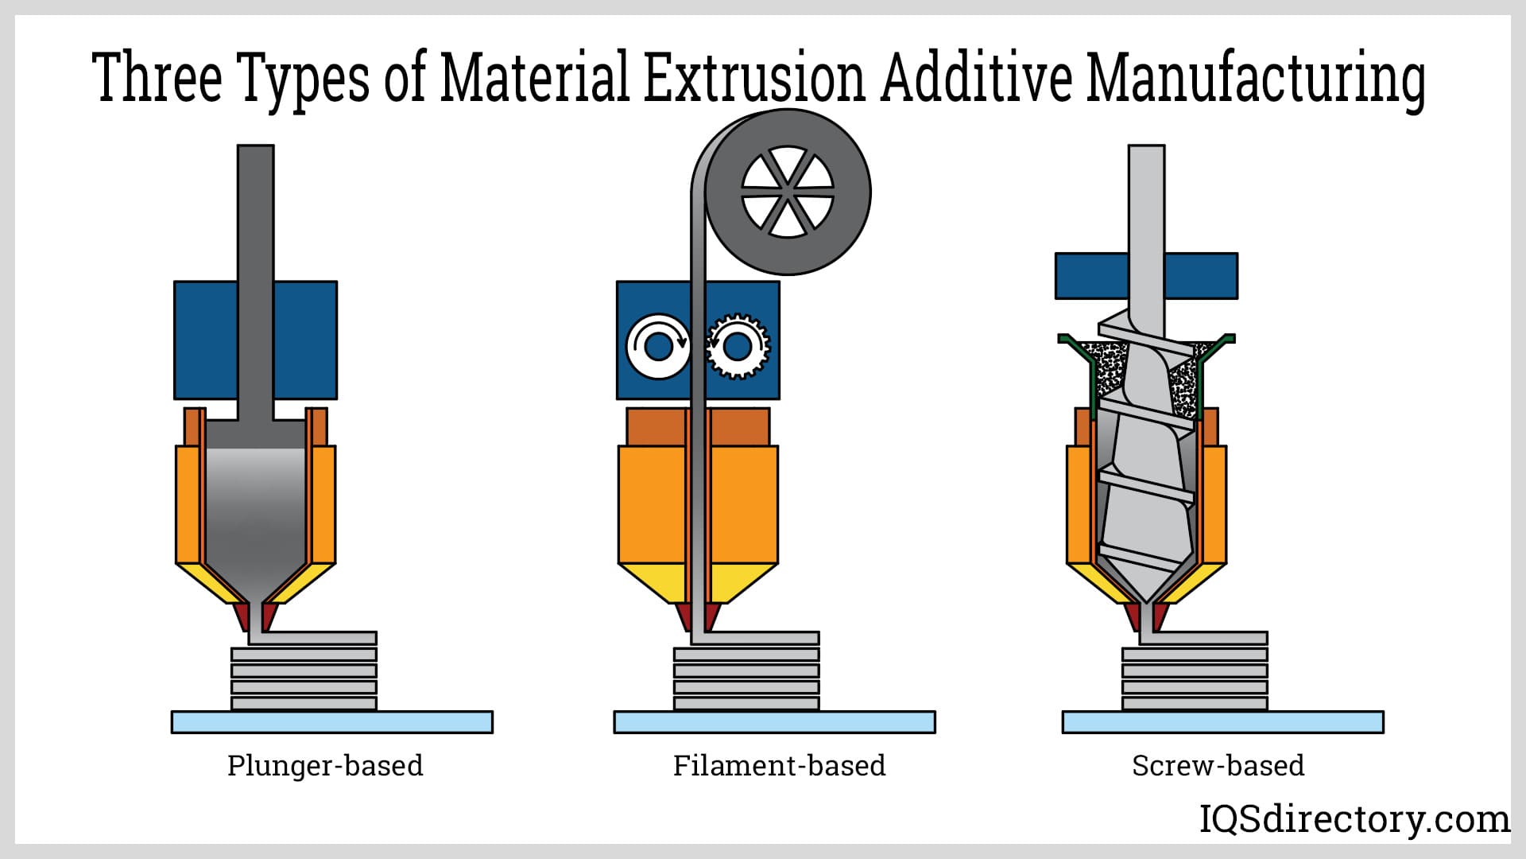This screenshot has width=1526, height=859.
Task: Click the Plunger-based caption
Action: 325,765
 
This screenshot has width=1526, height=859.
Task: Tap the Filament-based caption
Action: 779,765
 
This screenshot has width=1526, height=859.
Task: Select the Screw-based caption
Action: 1218,765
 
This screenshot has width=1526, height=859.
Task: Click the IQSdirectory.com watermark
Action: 1354,819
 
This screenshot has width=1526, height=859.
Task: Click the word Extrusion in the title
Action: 753,78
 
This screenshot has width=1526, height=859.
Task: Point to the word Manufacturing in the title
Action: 1256,78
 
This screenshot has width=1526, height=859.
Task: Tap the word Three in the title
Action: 157,78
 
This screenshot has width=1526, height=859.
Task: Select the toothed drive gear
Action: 738,347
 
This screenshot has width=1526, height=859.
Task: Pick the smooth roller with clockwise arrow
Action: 658,347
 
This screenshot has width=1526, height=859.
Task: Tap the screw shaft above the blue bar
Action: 1146,199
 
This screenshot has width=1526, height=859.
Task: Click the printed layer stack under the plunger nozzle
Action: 304,678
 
